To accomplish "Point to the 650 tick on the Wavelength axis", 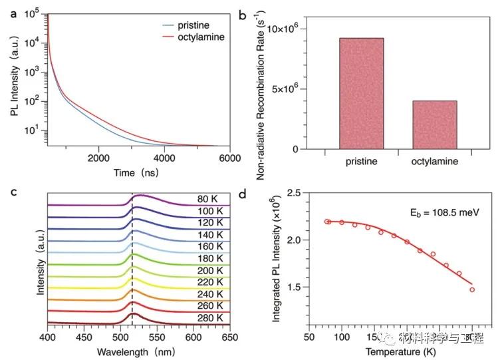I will pos(229,339).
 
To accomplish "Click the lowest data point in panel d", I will pos(472,289).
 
